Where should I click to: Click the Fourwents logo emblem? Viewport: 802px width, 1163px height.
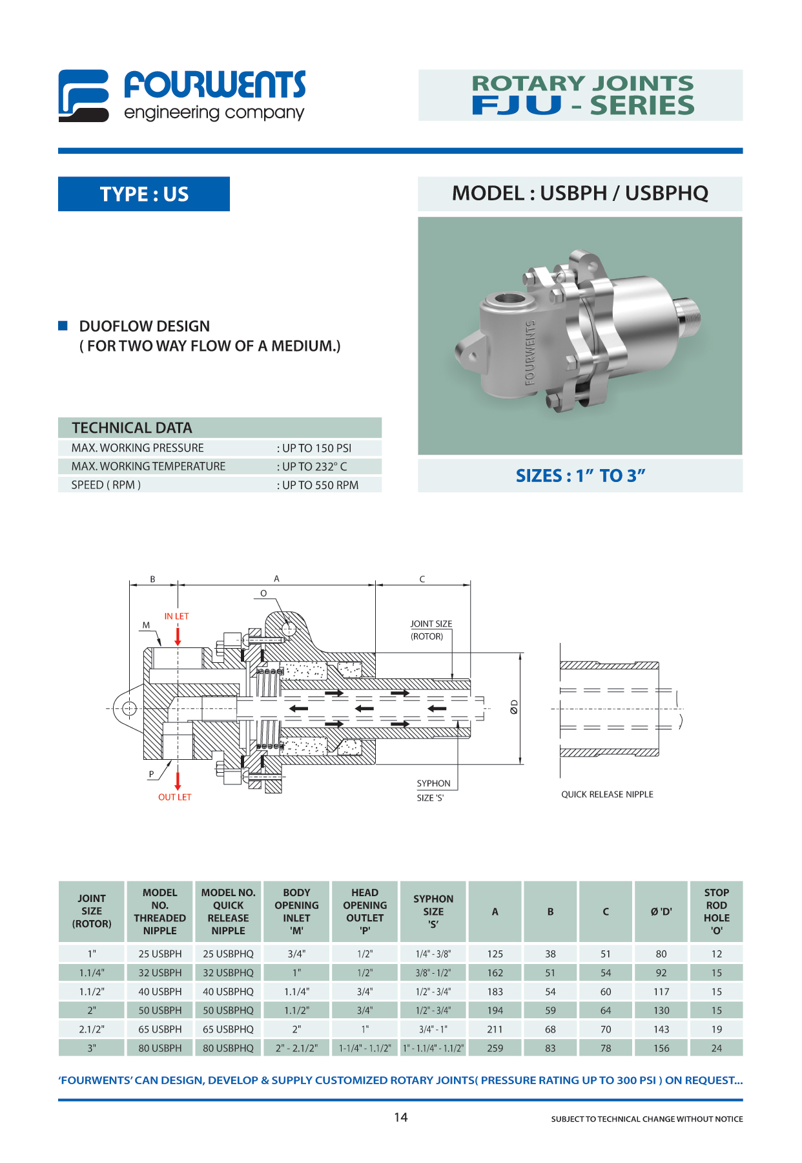[x=84, y=96]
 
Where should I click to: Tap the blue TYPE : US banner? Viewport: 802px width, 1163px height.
[x=144, y=194]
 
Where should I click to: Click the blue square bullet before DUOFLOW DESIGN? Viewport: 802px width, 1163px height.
[x=63, y=326]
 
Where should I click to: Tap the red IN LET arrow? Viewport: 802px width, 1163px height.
[x=178, y=635]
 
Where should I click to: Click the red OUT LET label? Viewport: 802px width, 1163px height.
[x=175, y=797]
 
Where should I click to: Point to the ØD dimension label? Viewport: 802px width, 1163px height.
[x=514, y=707]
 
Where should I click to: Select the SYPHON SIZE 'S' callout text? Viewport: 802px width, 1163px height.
[x=433, y=790]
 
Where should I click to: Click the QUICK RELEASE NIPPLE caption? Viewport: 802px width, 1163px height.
[x=607, y=794]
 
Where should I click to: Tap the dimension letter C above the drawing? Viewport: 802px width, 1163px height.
[x=422, y=579]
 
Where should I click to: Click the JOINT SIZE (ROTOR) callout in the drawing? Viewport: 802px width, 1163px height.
[x=431, y=630]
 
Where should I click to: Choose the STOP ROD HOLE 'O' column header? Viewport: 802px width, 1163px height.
[x=717, y=912]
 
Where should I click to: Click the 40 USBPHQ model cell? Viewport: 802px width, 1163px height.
[x=228, y=991]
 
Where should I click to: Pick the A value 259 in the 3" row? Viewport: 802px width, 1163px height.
[x=495, y=1048]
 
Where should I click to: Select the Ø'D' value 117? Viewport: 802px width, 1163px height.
[x=661, y=991]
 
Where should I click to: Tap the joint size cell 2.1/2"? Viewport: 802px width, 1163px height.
[x=92, y=1029]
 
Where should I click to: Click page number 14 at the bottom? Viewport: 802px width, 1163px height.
[x=401, y=1117]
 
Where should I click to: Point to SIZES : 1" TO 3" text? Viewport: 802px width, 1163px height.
[x=581, y=476]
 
